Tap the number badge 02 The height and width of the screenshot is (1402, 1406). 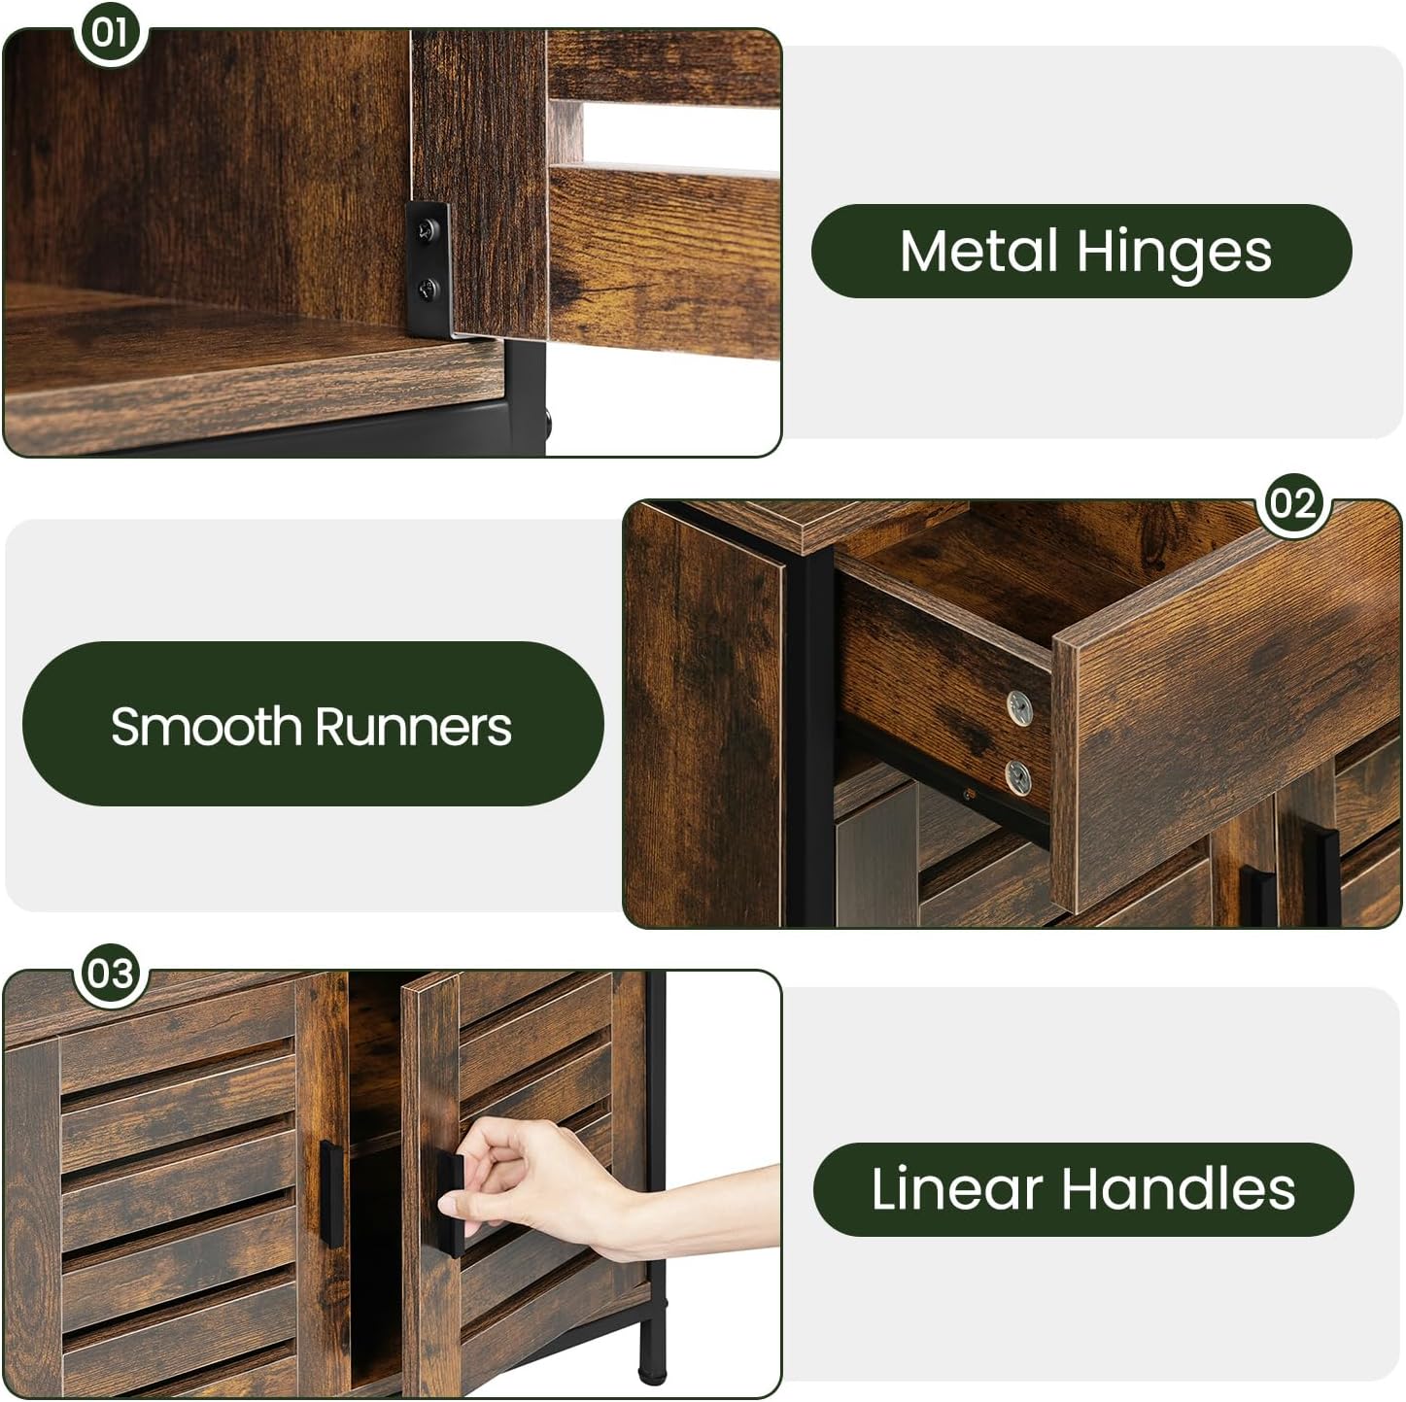pos(1293,503)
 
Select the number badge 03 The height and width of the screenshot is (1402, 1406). pos(111,974)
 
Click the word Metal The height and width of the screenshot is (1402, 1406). pos(978,251)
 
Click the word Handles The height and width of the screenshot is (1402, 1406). pos(1179,1189)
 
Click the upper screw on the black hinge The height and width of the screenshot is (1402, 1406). pos(427,230)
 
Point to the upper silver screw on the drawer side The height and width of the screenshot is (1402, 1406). pos(1018,708)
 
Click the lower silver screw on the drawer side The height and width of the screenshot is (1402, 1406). pos(1018,776)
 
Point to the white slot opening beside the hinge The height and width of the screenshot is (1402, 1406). pos(681,133)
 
